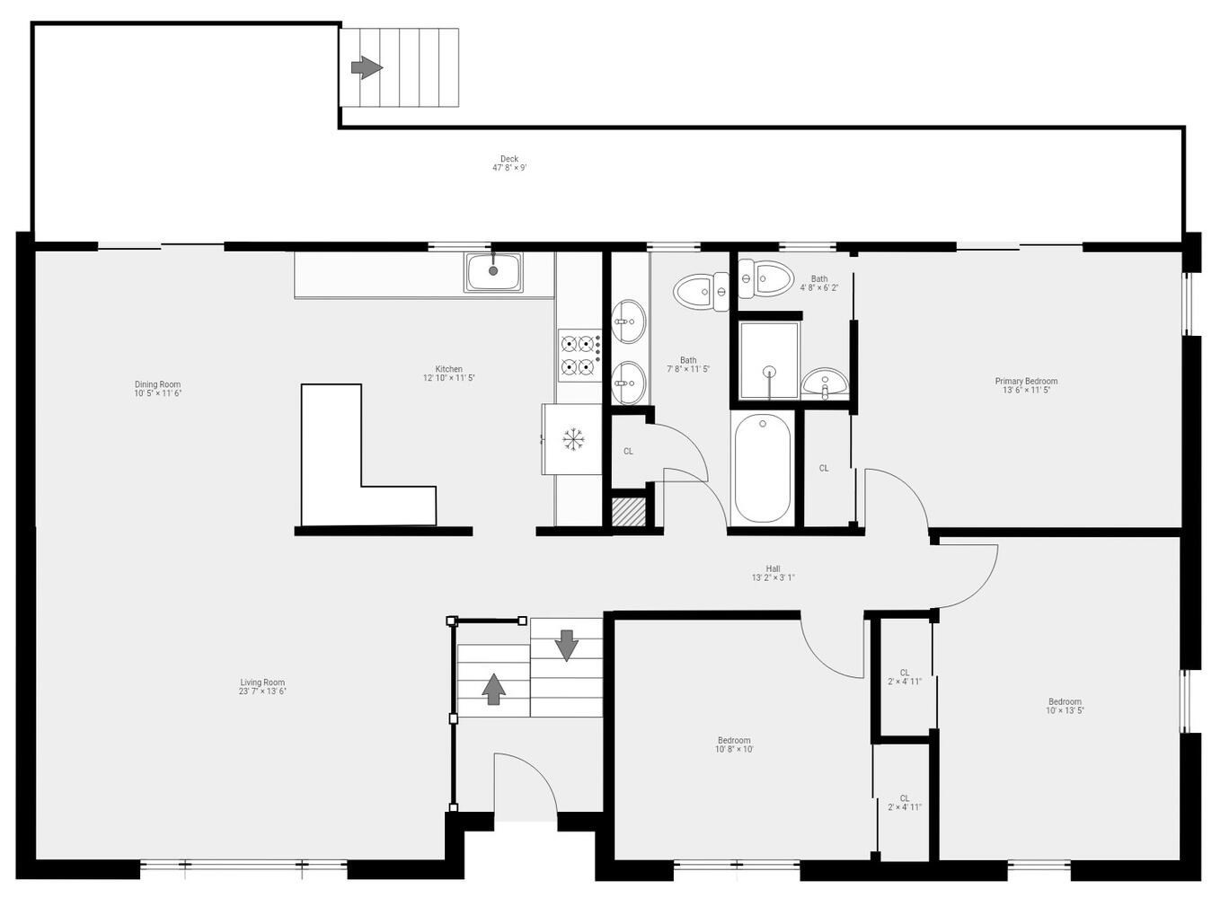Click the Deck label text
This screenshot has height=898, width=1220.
coord(509,163)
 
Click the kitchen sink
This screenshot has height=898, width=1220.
coord(493,271)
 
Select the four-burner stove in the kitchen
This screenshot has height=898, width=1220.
coord(579,355)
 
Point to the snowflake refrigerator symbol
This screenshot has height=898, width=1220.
coord(573,439)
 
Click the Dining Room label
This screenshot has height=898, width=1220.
coord(158,389)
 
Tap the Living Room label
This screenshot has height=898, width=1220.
coord(262,687)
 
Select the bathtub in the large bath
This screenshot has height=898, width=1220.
coord(762,467)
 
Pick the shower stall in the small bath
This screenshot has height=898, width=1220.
coord(769,360)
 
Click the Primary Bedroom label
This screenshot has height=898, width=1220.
coord(1026,385)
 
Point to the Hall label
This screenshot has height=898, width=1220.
coord(773,573)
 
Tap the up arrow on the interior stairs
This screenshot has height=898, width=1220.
coord(493,688)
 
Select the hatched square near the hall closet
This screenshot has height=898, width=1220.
coord(629,511)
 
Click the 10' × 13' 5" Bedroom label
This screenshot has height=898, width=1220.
coord(1065,706)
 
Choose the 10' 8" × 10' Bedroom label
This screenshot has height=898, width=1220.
coord(734,744)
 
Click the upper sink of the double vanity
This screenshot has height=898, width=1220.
coord(628,321)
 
